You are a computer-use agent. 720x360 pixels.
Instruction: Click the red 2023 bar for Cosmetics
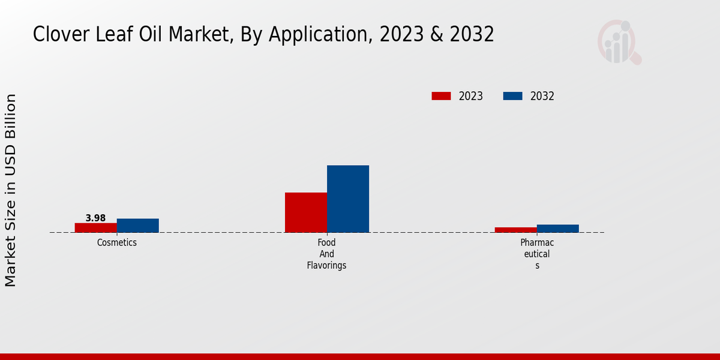95,227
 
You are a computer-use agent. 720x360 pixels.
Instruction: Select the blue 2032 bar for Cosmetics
138,226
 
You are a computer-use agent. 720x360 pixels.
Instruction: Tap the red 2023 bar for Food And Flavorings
306,212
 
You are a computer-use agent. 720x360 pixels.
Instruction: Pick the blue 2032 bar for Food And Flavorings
348,199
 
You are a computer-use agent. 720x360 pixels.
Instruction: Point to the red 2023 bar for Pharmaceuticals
516,230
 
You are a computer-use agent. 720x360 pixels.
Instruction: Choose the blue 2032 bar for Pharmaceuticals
558,229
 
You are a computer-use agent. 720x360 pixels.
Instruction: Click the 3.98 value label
95,218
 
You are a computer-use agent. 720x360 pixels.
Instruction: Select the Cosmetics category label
117,243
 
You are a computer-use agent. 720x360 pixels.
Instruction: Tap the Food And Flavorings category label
327,254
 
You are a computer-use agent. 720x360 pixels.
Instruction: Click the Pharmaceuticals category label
537,254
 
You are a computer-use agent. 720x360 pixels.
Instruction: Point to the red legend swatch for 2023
441,96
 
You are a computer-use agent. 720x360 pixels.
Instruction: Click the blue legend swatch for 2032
512,96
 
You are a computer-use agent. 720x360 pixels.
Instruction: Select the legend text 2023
471,96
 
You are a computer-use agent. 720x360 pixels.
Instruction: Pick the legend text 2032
542,96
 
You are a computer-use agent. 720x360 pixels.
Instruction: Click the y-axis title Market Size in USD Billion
11,190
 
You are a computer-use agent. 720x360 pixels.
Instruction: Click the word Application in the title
318,35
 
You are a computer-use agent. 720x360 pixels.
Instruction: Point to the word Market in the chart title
200,35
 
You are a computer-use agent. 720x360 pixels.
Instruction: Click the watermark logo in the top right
619,42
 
